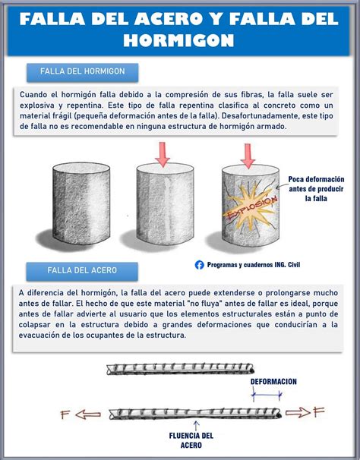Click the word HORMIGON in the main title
pyautogui.click(x=179, y=39)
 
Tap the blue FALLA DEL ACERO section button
pyautogui.click(x=81, y=270)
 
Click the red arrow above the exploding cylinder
pyautogui.click(x=247, y=155)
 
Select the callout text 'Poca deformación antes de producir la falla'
pyautogui.click(x=316, y=188)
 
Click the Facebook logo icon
pyautogui.click(x=200, y=265)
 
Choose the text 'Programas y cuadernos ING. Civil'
pyautogui.click(x=254, y=265)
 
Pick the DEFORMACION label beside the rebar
pyautogui.click(x=274, y=382)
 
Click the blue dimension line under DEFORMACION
pyautogui.click(x=267, y=395)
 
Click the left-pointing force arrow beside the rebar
pyautogui.click(x=90, y=415)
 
